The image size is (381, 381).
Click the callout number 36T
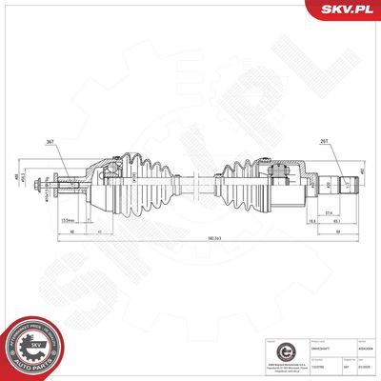click(x=49, y=142)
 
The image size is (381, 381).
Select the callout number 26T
click(x=325, y=142)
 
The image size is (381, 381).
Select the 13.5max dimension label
click(x=68, y=220)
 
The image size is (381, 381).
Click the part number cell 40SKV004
click(x=365, y=350)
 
